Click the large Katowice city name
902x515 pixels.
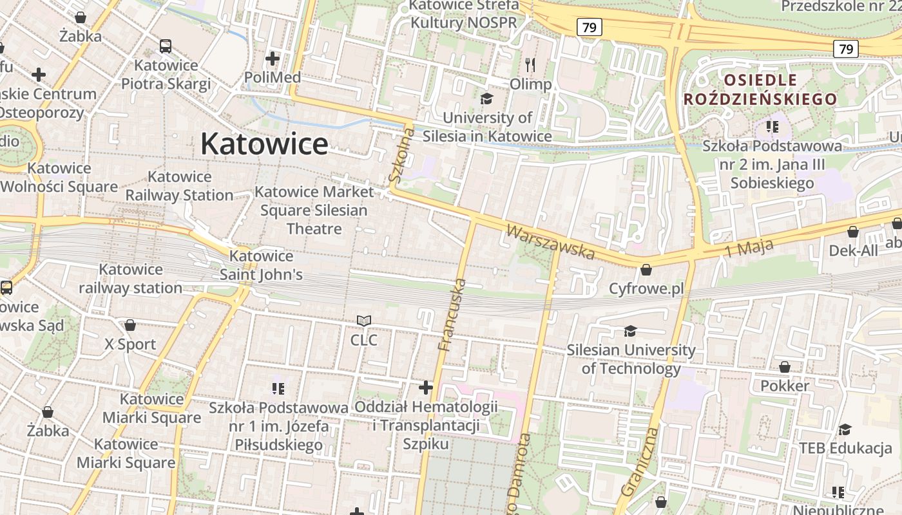tap(264, 144)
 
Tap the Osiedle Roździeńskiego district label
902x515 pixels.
tap(760, 89)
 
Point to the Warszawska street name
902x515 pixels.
tap(550, 242)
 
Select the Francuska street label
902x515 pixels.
tap(452, 315)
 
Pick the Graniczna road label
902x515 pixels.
tap(641, 461)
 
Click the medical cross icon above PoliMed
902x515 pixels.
tap(273, 59)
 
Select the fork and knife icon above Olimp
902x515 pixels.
tap(530, 65)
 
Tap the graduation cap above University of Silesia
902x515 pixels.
tap(486, 98)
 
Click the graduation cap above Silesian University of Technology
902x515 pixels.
tap(630, 331)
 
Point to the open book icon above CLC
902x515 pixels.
tap(364, 321)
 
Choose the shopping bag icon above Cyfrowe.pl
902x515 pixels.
tap(646, 270)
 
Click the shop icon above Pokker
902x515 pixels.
tap(785, 367)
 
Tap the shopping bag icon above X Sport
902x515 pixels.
tap(130, 325)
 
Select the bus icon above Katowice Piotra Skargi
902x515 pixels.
tap(166, 46)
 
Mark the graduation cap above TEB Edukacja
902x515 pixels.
tap(845, 429)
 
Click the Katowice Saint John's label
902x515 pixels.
tap(261, 265)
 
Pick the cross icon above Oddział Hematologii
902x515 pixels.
tap(426, 388)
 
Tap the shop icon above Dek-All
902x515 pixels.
tap(853, 232)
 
